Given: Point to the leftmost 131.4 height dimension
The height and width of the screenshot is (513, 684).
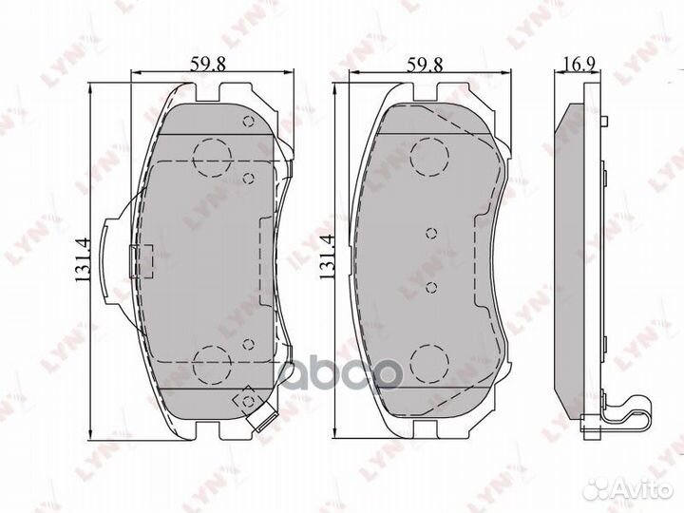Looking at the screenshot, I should [83, 259].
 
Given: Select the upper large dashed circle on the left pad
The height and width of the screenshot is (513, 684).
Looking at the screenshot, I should [212, 156].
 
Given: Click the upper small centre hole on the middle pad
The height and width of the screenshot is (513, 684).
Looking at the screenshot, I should [431, 233].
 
